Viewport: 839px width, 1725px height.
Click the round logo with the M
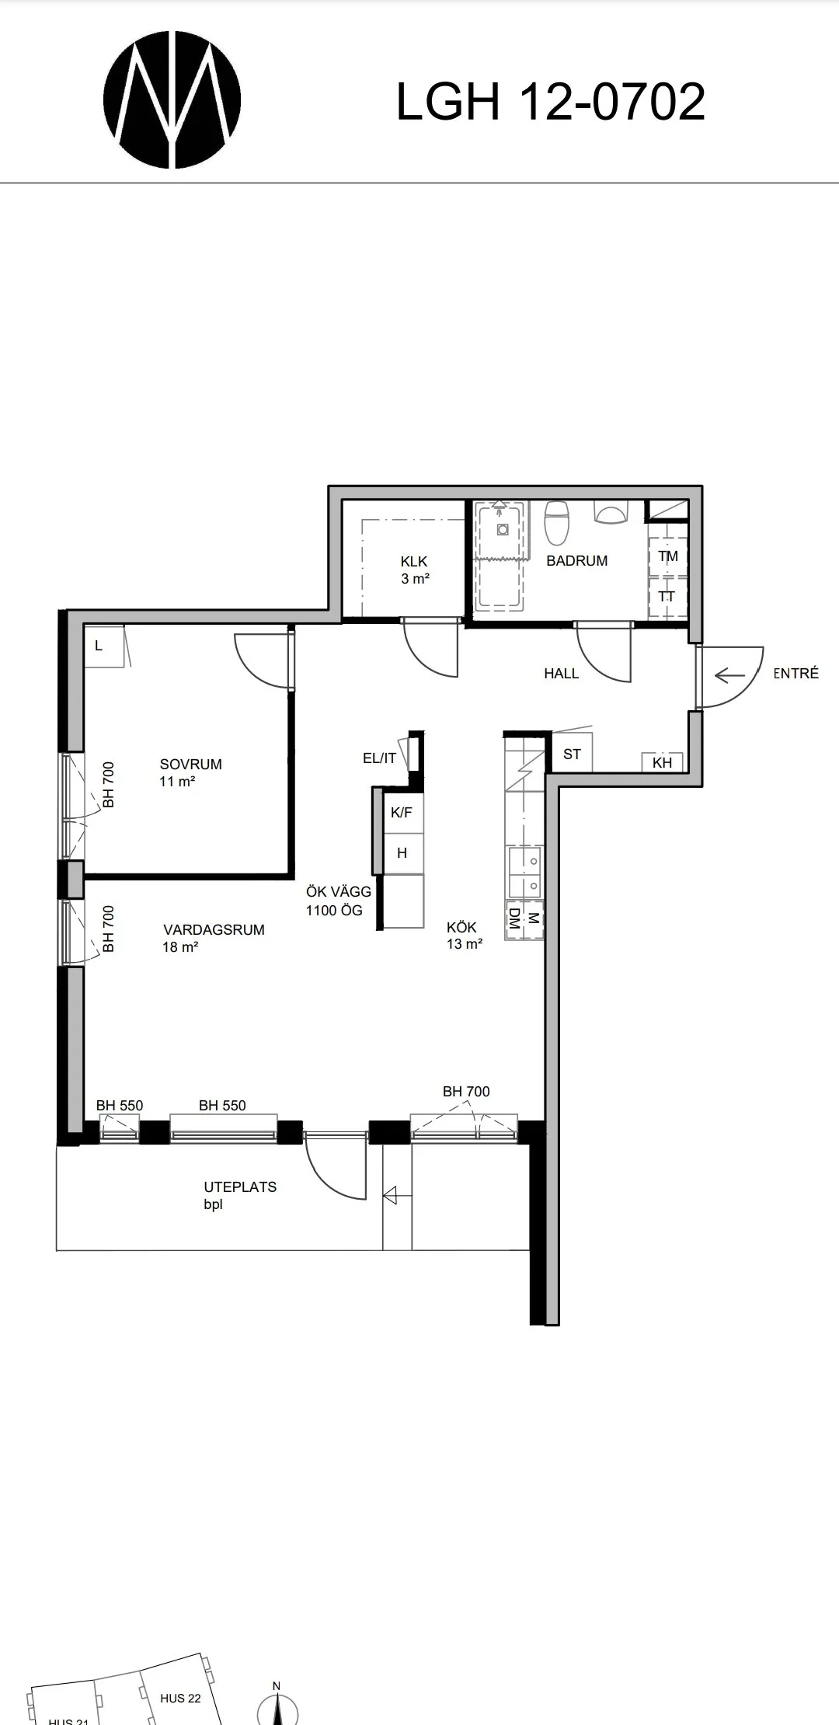[172, 101]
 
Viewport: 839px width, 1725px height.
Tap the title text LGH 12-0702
[551, 102]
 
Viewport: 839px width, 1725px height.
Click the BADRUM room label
[576, 560]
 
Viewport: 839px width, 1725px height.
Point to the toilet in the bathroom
[557, 522]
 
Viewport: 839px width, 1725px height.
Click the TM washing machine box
[667, 556]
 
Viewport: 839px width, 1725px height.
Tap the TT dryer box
[667, 597]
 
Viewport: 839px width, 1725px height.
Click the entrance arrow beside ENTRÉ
[729, 675]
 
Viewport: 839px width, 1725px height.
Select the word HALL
[561, 674]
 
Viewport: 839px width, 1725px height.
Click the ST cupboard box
[572, 754]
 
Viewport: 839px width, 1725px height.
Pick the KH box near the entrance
[662, 762]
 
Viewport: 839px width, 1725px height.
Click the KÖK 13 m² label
[465, 936]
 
